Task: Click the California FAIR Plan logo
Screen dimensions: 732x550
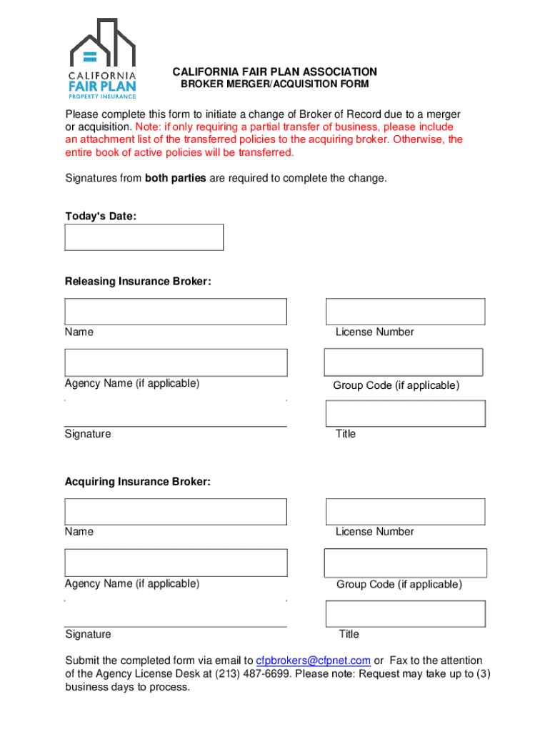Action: point(102,59)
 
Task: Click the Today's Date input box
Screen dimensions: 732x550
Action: point(144,237)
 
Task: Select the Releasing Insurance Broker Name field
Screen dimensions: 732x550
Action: point(176,312)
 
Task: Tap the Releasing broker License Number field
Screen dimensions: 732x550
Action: point(405,312)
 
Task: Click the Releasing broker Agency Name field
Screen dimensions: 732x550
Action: point(176,362)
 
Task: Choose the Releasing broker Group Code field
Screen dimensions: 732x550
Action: point(404,362)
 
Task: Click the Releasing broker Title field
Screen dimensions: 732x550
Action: point(405,413)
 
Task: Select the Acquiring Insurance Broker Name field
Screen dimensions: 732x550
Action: point(176,512)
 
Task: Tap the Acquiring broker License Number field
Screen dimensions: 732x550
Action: point(405,512)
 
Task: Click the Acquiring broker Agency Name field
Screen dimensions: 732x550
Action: point(176,563)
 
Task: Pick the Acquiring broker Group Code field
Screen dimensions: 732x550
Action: point(405,563)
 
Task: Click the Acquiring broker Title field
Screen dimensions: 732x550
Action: point(405,613)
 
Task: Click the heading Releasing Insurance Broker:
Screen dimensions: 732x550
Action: point(138,282)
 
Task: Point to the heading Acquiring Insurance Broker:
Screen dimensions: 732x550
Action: point(138,482)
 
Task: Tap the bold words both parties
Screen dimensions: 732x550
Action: point(175,178)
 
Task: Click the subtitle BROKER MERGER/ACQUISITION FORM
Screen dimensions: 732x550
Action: point(274,84)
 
